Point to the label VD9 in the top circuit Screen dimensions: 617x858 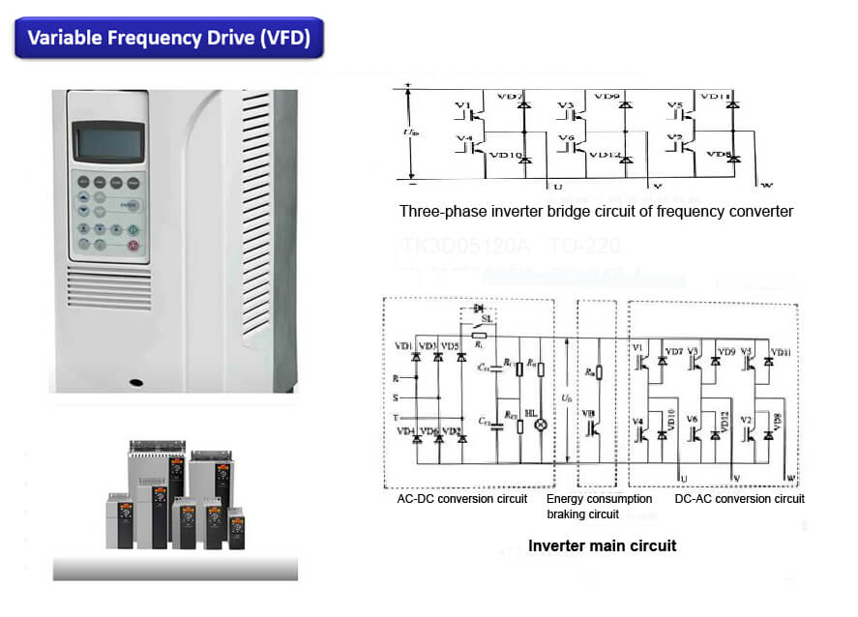coord(607,97)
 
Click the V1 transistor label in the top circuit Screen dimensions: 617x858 coord(462,103)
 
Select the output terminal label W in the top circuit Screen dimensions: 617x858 coord(766,186)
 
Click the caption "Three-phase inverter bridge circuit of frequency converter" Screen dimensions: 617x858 coord(596,211)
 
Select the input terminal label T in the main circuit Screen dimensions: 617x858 coord(397,418)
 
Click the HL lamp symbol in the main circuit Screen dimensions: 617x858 coord(542,423)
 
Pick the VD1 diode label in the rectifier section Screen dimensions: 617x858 coord(403,346)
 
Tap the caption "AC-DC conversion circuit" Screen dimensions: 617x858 coord(461,499)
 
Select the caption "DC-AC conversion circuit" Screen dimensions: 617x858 coord(739,499)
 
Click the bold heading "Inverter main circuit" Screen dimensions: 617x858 coord(602,545)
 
